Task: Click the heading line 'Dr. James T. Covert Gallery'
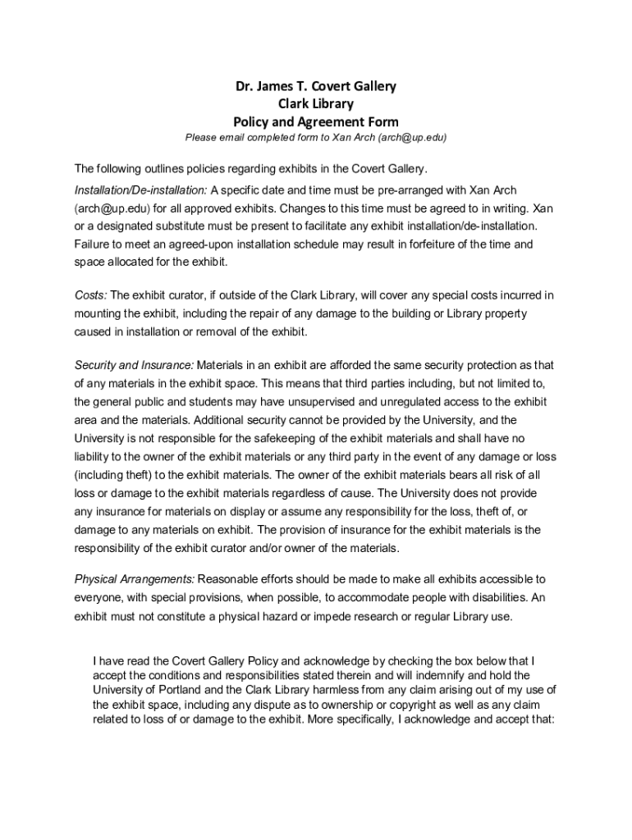click(315, 86)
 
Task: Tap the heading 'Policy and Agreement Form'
click(315, 121)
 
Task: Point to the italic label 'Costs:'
click(90, 295)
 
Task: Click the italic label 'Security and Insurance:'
click(134, 364)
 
